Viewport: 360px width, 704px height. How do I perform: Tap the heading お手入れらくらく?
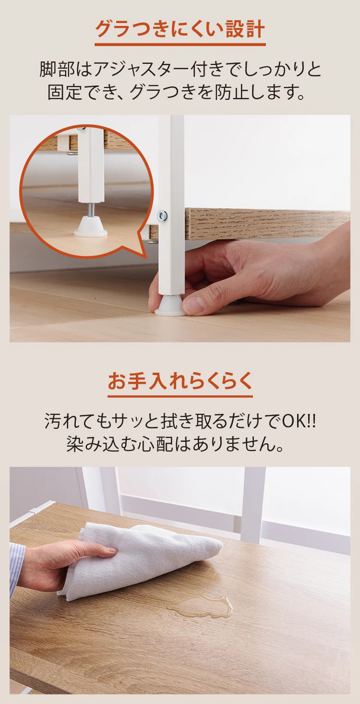click(x=180, y=381)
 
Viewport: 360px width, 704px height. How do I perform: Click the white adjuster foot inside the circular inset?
click(x=90, y=228)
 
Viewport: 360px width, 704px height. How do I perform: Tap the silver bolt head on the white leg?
click(x=162, y=216)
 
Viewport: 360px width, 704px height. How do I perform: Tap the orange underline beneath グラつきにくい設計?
click(x=180, y=45)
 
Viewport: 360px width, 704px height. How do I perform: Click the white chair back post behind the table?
click(x=253, y=504)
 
